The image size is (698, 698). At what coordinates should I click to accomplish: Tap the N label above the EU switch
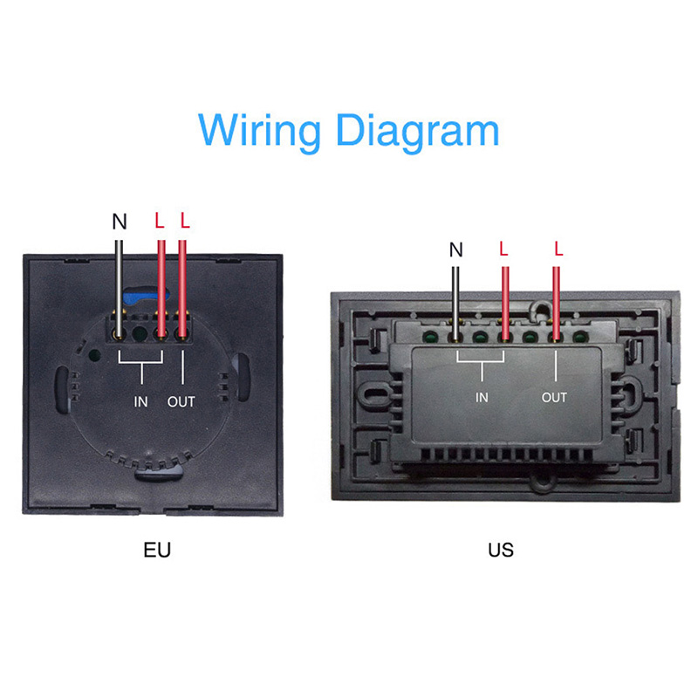(x=120, y=222)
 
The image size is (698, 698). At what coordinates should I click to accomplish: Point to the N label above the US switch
(x=455, y=250)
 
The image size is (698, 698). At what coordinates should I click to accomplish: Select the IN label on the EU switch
(x=141, y=401)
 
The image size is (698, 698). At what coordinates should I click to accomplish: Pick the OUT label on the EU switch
(x=181, y=401)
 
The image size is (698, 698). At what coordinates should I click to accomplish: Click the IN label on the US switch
(x=482, y=398)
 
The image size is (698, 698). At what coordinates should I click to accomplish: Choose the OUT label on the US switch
(x=554, y=398)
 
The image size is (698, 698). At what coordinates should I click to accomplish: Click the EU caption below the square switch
(x=157, y=550)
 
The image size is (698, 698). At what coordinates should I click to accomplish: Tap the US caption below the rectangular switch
(x=501, y=550)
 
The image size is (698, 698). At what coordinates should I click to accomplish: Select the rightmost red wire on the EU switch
(x=182, y=279)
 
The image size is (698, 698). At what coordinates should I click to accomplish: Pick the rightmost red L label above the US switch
(x=558, y=250)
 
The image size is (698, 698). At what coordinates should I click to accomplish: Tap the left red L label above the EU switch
(x=159, y=221)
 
